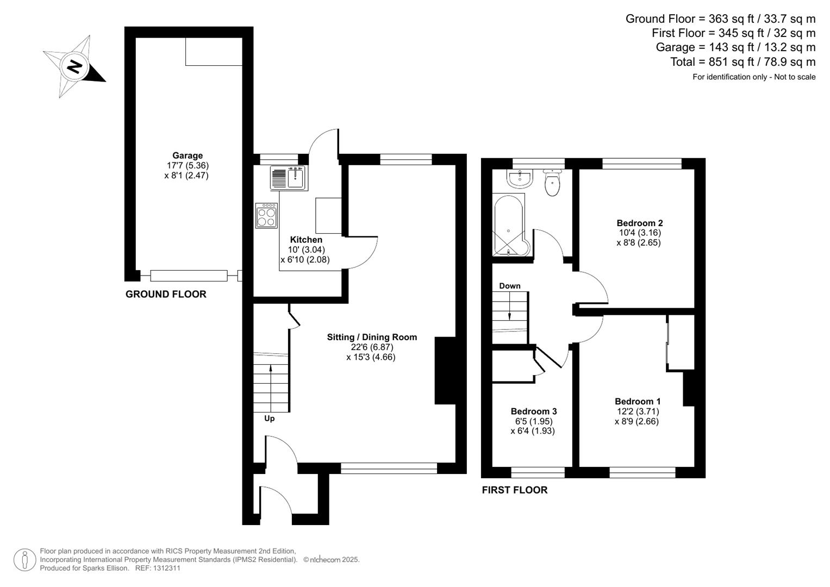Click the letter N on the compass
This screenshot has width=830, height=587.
[x=75, y=67]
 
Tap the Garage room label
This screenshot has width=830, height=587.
[x=188, y=155]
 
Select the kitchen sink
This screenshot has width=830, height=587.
[x=289, y=178]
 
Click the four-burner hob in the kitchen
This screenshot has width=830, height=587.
[x=266, y=215]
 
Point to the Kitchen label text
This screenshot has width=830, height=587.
[x=306, y=240]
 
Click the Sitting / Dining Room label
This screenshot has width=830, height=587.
[x=372, y=337]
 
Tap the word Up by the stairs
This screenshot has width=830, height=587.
[x=270, y=419]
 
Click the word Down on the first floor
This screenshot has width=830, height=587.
[x=509, y=286]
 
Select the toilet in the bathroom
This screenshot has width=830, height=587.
[x=552, y=182]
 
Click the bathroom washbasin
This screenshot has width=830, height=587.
[x=520, y=179]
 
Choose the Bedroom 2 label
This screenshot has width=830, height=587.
[x=640, y=223]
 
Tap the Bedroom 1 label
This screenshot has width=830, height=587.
[x=638, y=401]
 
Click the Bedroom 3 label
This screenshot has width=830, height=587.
[x=534, y=411]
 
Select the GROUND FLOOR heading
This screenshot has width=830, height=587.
[x=166, y=294]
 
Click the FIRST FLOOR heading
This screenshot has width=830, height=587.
[x=515, y=490]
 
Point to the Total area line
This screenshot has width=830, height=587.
[x=742, y=61]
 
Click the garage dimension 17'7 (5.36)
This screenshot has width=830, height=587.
[x=188, y=165]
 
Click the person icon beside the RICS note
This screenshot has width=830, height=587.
[x=25, y=560]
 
